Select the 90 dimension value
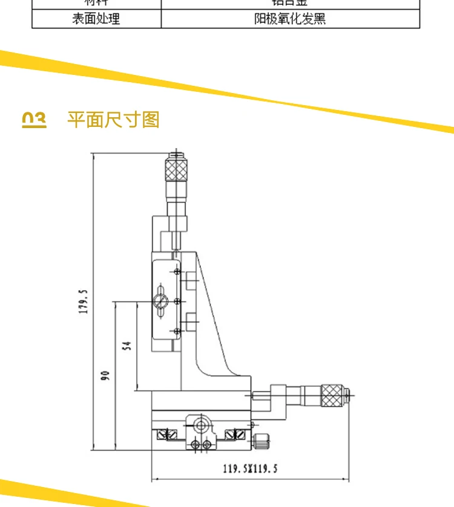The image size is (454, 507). click(x=104, y=375)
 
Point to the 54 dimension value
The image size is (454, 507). click(x=127, y=346)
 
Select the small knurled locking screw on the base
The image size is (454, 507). click(x=261, y=442)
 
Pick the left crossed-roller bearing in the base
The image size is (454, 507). click(x=167, y=434)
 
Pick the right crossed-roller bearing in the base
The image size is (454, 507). click(x=234, y=434)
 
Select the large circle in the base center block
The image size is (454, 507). click(x=202, y=425)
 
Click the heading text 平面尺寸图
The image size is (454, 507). click(x=113, y=119)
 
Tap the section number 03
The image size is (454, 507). click(x=34, y=119)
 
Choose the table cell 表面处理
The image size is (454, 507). click(x=96, y=19)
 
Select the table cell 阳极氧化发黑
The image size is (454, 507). click(x=290, y=19)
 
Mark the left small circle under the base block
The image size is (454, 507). click(x=195, y=445)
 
